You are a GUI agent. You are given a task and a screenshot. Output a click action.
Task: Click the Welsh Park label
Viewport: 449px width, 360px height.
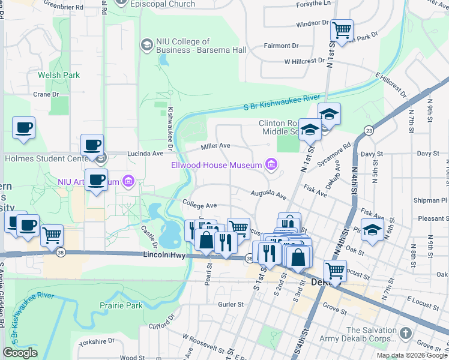coord(59,75)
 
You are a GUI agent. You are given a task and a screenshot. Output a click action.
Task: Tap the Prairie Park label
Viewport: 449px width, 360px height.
coord(121,305)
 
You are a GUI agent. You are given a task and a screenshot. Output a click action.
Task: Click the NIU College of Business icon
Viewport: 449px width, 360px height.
coord(146,45)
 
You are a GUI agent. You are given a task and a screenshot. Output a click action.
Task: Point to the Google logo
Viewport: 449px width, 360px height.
coord(20,353)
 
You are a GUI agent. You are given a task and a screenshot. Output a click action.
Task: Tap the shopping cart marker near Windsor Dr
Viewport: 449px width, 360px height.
coord(342,29)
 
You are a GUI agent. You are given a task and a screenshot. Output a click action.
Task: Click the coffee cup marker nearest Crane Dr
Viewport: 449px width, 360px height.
coord(23,127)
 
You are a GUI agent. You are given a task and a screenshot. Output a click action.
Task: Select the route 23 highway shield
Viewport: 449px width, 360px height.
coord(368,130)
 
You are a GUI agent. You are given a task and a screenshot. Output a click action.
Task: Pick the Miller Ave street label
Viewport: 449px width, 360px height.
coord(216,146)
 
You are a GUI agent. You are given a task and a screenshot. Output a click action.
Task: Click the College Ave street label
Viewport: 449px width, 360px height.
coord(199,205)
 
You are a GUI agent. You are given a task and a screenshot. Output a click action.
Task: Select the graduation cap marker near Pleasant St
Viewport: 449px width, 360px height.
coord(372,230)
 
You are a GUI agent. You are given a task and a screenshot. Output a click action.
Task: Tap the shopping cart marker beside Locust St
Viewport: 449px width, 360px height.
coord(335,271)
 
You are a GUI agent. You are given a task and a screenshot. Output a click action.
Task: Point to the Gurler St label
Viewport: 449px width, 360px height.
coord(231,304)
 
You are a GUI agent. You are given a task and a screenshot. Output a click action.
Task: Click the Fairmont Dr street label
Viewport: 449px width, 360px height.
coord(282,46)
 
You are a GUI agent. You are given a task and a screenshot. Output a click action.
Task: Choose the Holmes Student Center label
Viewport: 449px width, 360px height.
coord(48,159)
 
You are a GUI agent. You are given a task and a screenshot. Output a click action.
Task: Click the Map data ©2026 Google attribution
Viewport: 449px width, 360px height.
coord(411,355)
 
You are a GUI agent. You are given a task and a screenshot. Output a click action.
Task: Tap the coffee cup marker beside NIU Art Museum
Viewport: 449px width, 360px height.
coord(96,179)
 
